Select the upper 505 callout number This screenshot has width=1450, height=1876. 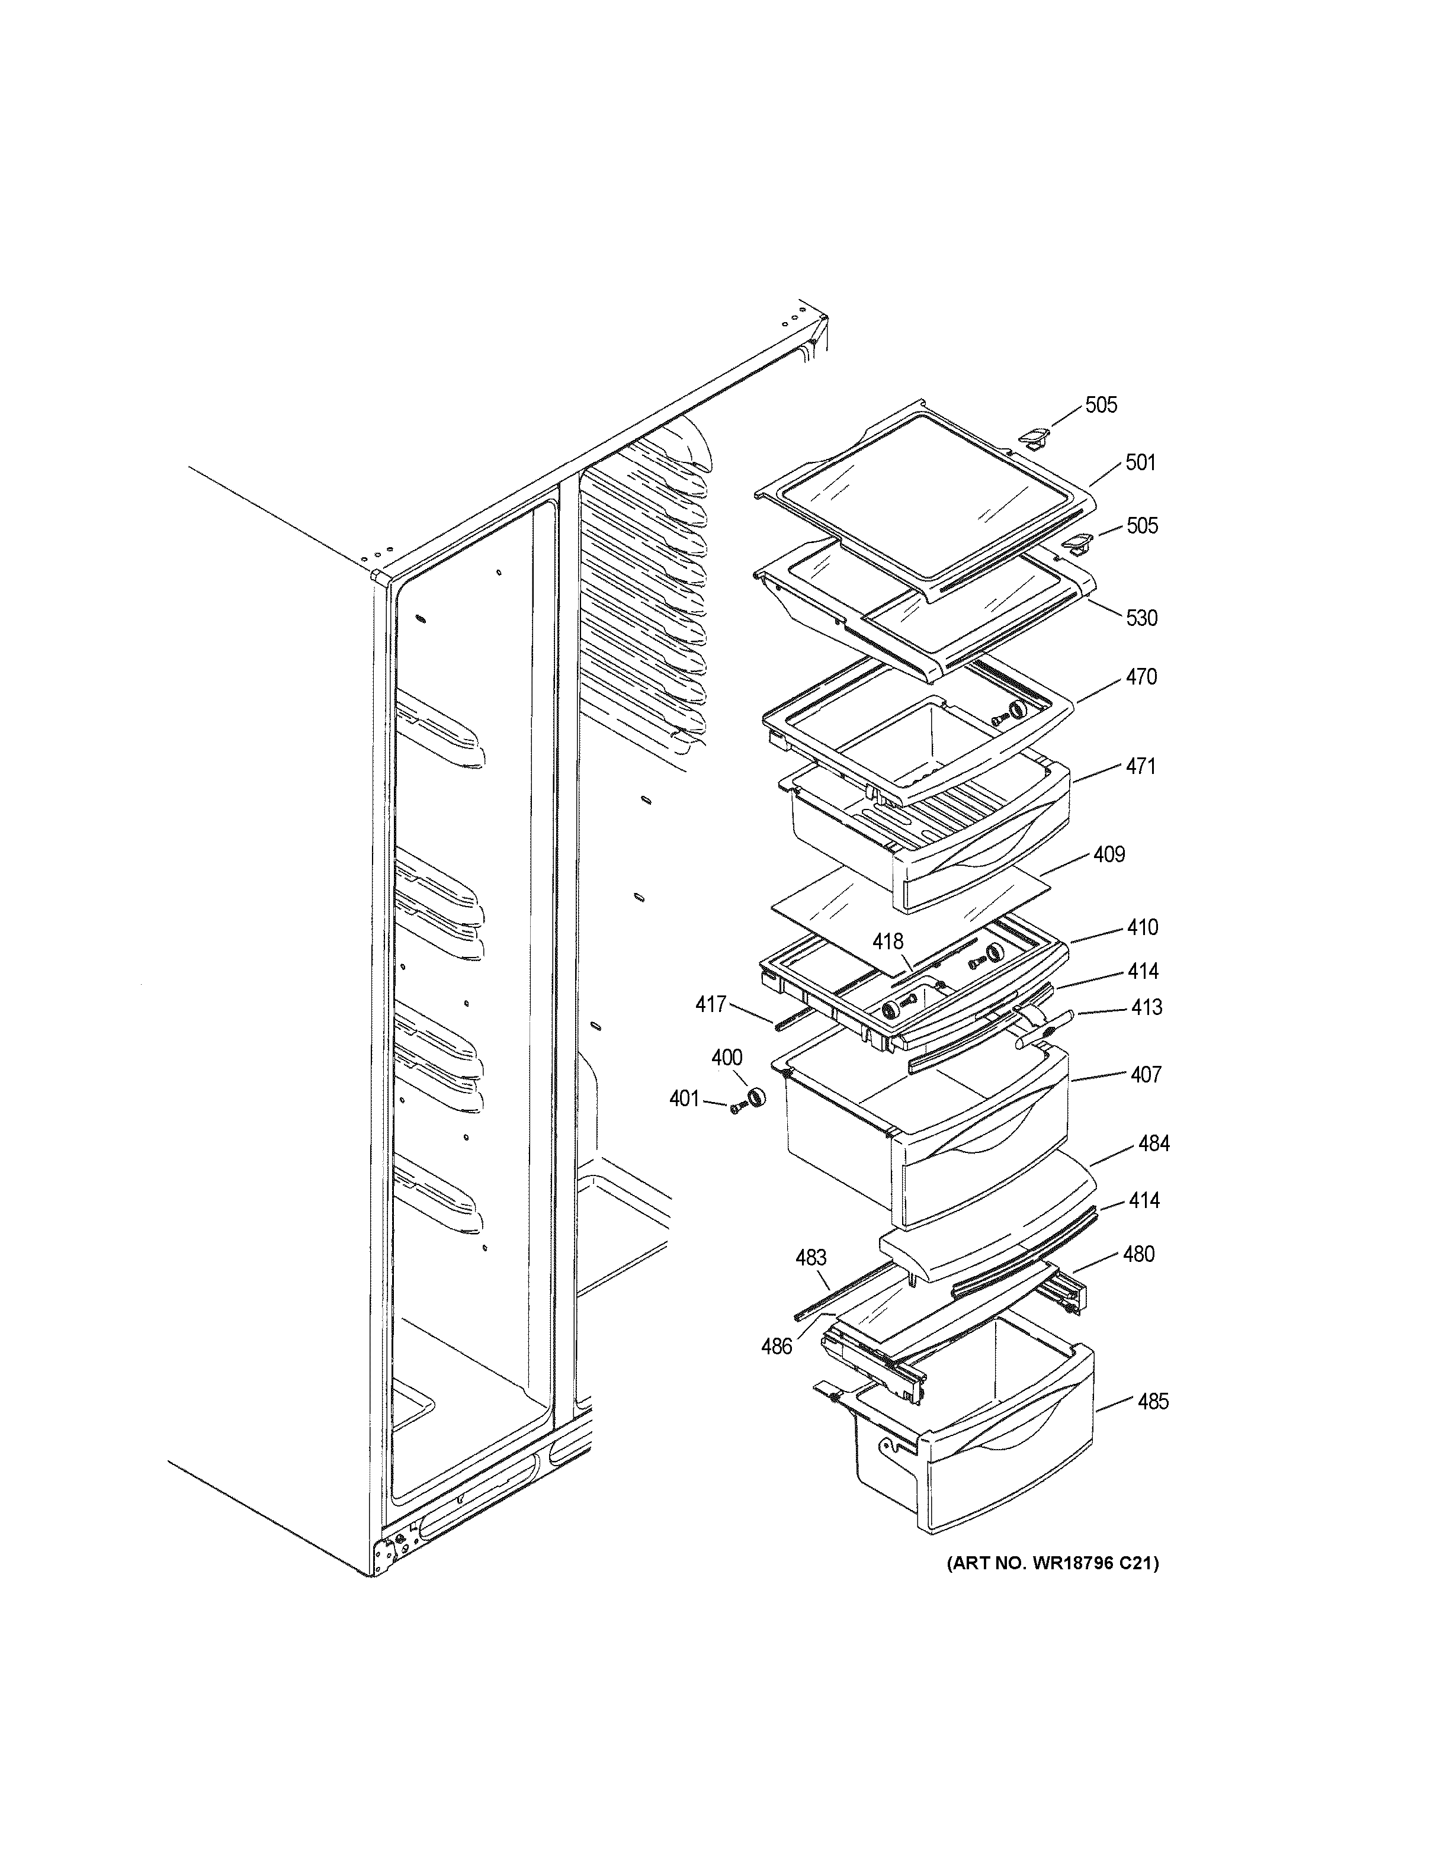pos(1101,404)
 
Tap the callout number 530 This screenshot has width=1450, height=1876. pos(1141,618)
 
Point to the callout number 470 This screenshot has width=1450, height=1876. pos(1141,677)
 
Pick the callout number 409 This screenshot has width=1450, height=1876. pos(1109,854)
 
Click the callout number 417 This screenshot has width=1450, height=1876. pos(710,1003)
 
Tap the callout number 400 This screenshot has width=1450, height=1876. pos(727,1058)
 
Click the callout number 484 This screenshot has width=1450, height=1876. pos(1154,1143)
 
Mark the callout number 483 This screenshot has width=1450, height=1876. pos(810,1258)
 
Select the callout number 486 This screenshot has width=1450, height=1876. pos(777,1347)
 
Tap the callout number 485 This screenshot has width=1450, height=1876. pos(1153,1402)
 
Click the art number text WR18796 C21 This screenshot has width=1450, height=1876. pos(1053,1563)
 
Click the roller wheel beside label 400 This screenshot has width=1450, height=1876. pos(756,1098)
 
